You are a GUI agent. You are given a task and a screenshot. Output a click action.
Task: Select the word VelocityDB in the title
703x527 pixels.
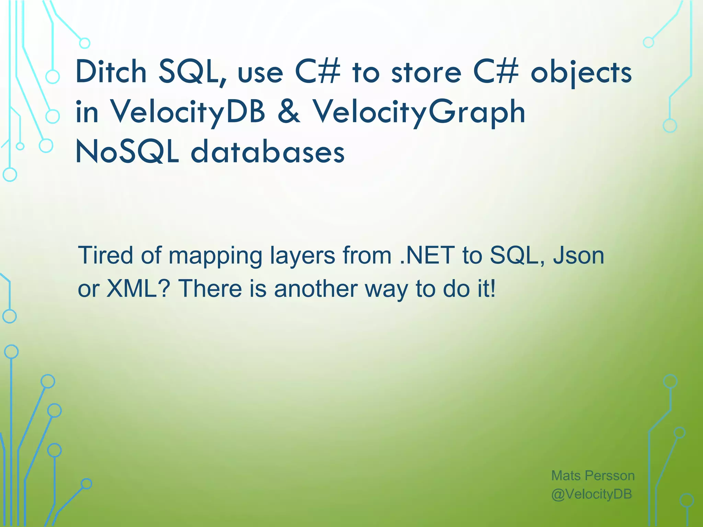pos(187,112)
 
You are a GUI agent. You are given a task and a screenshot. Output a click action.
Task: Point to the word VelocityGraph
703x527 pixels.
pos(418,112)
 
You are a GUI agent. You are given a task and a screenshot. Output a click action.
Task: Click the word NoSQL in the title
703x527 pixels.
pos(127,152)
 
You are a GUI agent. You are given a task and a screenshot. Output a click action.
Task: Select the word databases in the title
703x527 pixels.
pos(267,152)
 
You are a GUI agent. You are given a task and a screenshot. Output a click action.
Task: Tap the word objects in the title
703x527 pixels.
pos(581,73)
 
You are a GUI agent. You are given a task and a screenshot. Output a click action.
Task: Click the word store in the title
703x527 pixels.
pos(426,73)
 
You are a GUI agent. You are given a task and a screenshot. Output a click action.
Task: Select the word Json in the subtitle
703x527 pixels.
pos(578,256)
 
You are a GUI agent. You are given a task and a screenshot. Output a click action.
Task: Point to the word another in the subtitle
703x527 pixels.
pos(316,289)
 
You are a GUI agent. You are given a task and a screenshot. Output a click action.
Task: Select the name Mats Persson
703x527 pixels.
pos(593,476)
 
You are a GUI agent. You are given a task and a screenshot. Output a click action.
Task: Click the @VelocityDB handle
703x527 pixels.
pos(591,494)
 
